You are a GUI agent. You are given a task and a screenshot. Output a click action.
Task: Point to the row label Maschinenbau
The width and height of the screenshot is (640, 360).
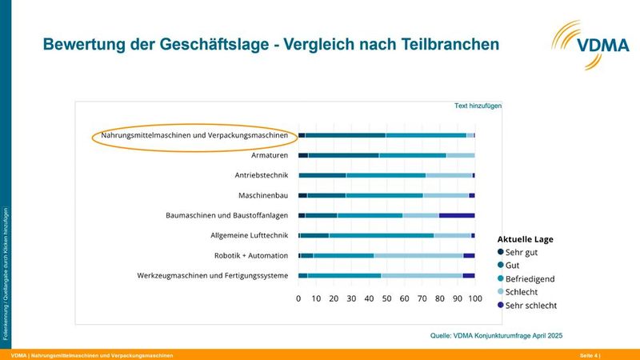click(262, 195)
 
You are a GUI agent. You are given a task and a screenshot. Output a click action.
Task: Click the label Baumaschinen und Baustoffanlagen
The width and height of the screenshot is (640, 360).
click(226, 215)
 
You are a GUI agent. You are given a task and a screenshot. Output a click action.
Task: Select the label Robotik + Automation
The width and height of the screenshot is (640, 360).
click(251, 255)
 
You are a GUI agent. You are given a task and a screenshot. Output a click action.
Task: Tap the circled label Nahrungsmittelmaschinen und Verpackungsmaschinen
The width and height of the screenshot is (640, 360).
click(189, 135)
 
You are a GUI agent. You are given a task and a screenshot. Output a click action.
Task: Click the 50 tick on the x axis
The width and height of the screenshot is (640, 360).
click(387, 298)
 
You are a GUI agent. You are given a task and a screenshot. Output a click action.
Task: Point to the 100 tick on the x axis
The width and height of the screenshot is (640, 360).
click(474, 298)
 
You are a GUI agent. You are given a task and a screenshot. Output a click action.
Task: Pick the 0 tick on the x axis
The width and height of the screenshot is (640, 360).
click(298, 298)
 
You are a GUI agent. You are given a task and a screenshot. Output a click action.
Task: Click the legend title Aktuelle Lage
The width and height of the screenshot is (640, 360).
click(525, 238)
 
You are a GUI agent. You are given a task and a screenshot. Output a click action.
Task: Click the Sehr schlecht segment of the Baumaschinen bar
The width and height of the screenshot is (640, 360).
click(457, 215)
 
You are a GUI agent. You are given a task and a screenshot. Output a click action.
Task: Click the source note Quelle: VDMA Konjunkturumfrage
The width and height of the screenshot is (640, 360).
click(497, 336)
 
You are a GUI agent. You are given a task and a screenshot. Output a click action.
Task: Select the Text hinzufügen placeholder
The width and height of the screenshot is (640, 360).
click(478, 106)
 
